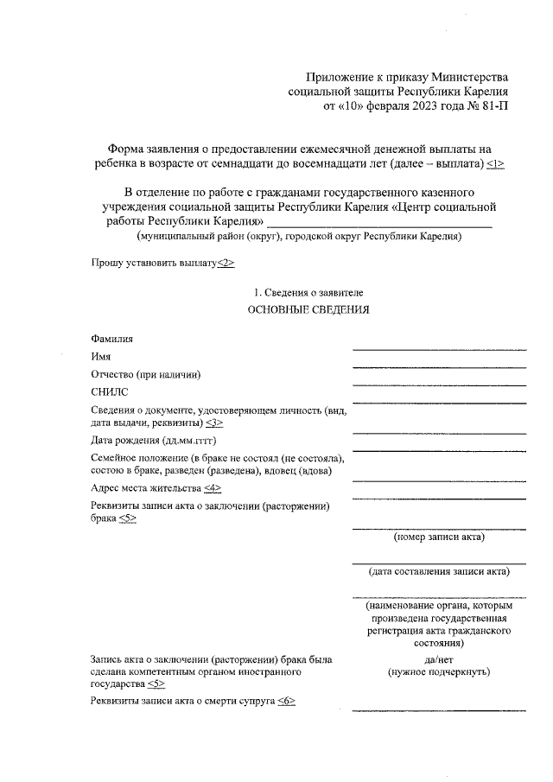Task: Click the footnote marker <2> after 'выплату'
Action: [x=225, y=263]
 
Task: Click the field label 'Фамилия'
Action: [x=111, y=340]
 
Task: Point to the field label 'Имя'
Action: [x=100, y=357]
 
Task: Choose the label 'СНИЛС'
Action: [x=108, y=391]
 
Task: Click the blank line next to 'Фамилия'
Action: [x=439, y=349]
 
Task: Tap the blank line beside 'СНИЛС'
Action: [x=439, y=401]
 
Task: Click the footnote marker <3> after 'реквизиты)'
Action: [x=214, y=423]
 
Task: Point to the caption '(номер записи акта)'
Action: [x=439, y=537]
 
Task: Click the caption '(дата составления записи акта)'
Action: [x=439, y=571]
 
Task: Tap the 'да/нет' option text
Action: [x=439, y=658]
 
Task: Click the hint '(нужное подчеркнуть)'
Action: [x=439, y=671]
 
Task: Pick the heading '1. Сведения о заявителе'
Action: [x=308, y=293]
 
